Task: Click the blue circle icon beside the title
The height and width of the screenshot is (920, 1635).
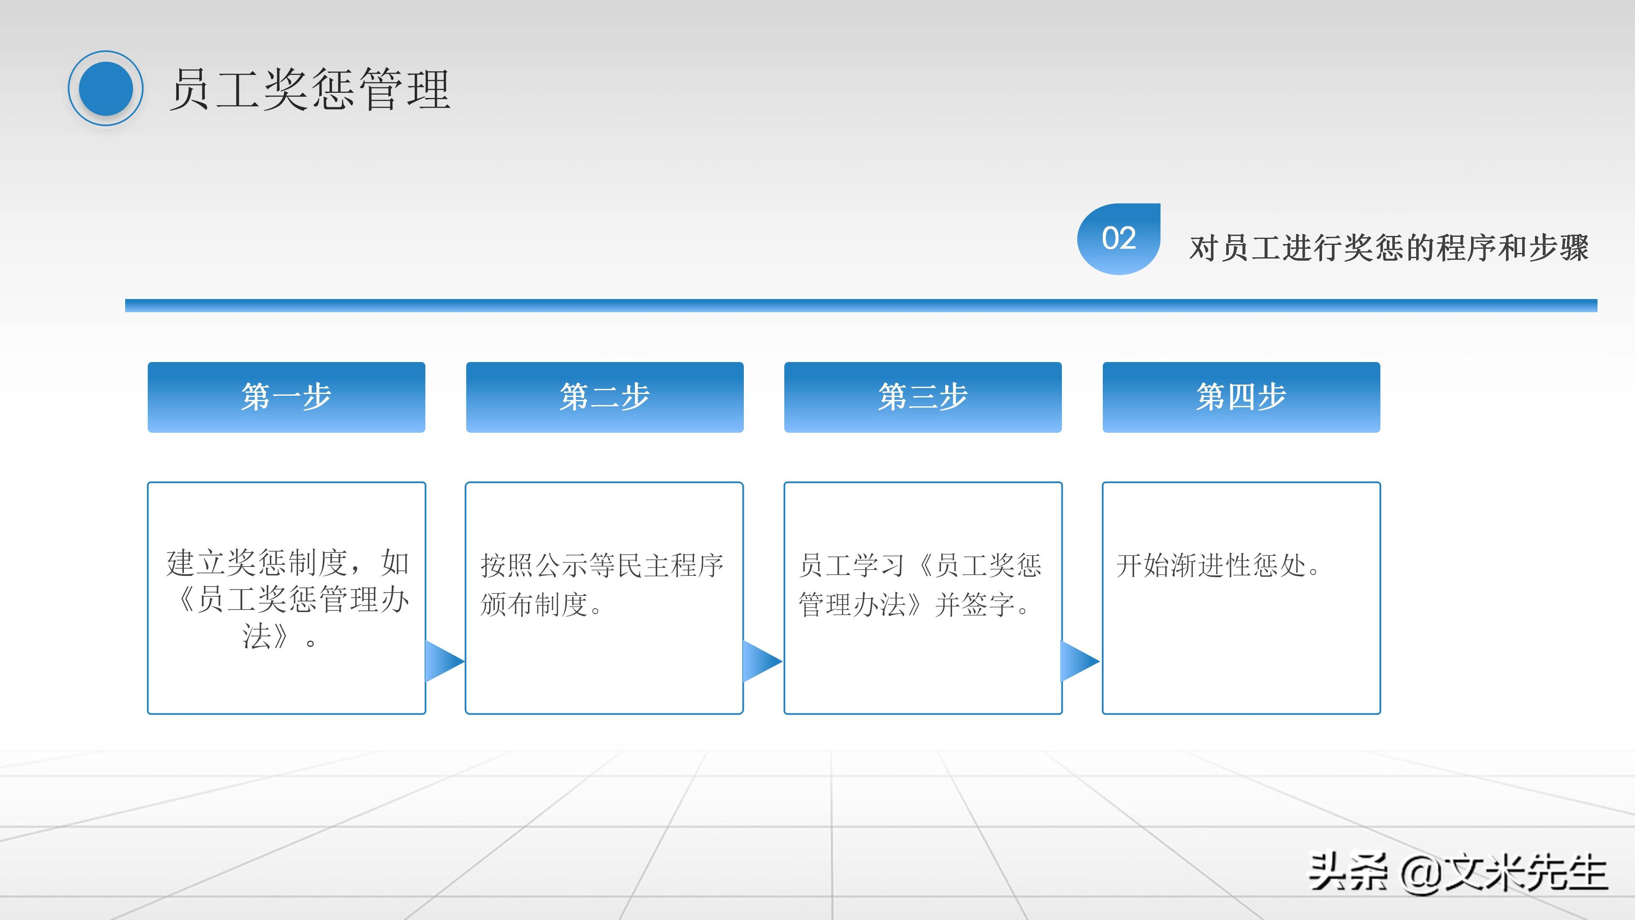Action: click(x=105, y=88)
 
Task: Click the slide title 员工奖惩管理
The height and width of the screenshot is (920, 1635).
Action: click(x=310, y=90)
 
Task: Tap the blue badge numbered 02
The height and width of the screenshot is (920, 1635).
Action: click(x=1119, y=239)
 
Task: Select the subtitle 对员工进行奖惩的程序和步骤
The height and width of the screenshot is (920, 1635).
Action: click(x=1389, y=247)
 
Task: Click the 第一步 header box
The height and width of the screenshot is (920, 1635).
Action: click(x=286, y=397)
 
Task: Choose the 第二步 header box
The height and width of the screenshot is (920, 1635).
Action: click(x=604, y=397)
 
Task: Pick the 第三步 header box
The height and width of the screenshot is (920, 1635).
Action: click(x=923, y=397)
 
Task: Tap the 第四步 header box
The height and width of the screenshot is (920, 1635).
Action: click(x=1241, y=397)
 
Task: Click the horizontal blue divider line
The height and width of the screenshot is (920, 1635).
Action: click(x=861, y=305)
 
